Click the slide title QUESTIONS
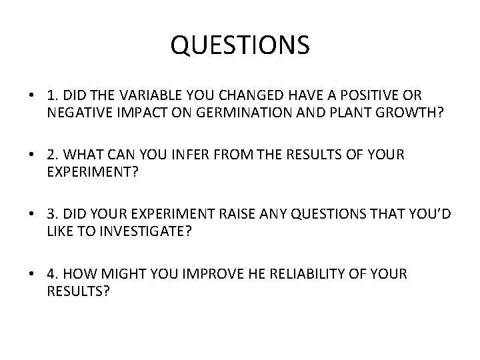[240, 45]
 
